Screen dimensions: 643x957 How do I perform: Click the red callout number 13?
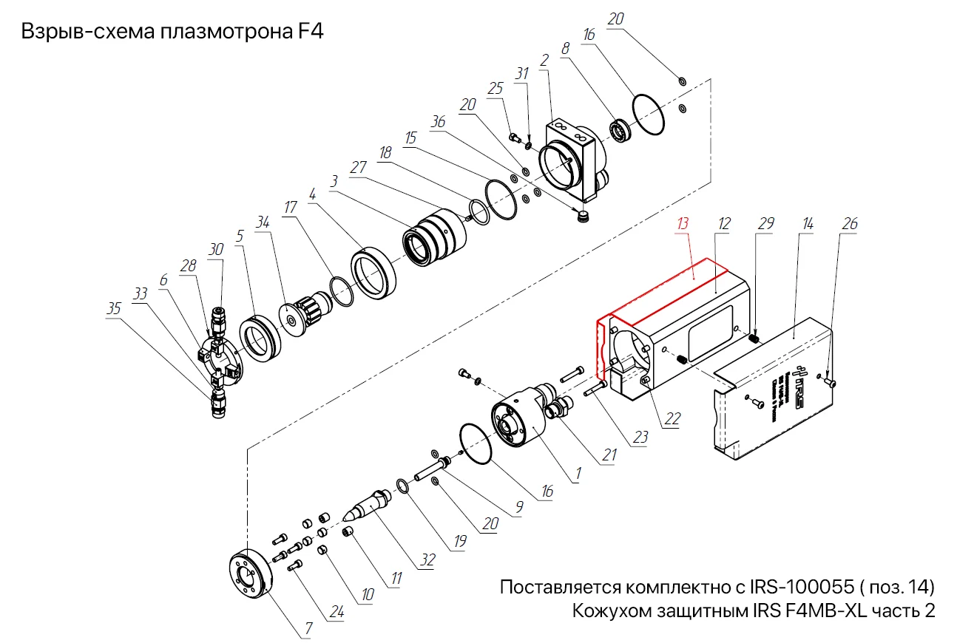pos(683,222)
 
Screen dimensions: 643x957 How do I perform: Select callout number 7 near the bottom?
pos(308,630)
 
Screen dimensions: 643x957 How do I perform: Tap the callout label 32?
pos(427,561)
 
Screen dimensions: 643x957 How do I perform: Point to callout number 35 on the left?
pos(113,309)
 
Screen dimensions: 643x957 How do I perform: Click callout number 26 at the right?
pos(851,222)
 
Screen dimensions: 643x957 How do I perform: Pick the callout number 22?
pos(672,418)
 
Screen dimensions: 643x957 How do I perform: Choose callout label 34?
pos(263,222)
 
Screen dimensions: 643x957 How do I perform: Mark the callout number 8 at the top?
pos(566,47)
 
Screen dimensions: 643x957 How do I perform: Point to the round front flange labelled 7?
pos(248,576)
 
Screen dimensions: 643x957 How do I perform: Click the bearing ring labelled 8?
pos(618,130)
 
